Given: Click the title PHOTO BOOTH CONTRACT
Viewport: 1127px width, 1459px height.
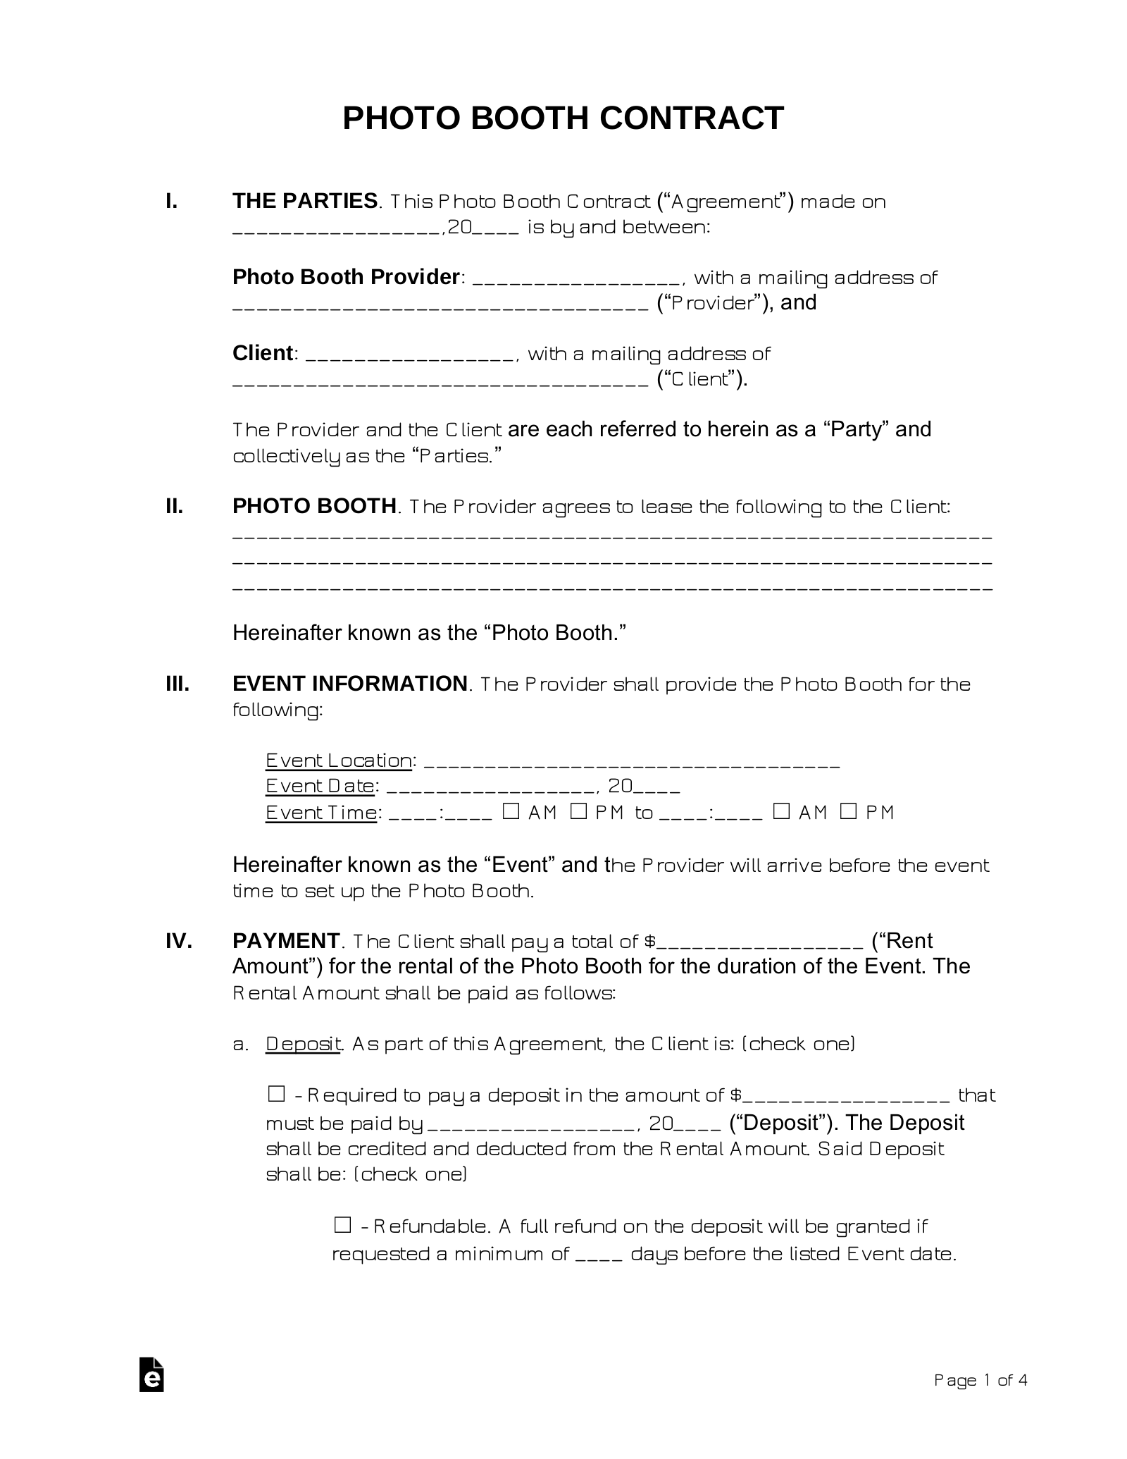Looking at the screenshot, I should pos(563,118).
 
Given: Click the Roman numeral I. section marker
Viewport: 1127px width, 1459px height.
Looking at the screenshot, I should pos(171,202).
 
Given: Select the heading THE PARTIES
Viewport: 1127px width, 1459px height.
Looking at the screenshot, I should pos(305,202).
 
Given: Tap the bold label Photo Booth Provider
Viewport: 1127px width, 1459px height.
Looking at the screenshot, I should pos(346,277).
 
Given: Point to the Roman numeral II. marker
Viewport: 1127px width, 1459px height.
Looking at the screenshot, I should pos(174,506).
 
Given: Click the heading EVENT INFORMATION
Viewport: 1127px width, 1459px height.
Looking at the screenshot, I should pos(350,684).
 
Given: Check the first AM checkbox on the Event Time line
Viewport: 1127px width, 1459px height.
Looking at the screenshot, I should pos(511,811).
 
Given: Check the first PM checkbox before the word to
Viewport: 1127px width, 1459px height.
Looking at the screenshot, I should pos(578,811).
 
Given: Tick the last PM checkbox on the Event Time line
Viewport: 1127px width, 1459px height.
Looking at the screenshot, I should pos(849,811).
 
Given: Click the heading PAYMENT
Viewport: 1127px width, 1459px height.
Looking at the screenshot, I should pos(286,941).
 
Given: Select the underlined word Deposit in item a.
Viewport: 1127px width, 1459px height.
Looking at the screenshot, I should pos(304,1044).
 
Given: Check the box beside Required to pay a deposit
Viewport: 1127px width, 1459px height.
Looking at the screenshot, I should pos(276,1095).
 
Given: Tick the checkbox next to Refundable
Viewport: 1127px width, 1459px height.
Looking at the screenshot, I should pos(342,1225).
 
